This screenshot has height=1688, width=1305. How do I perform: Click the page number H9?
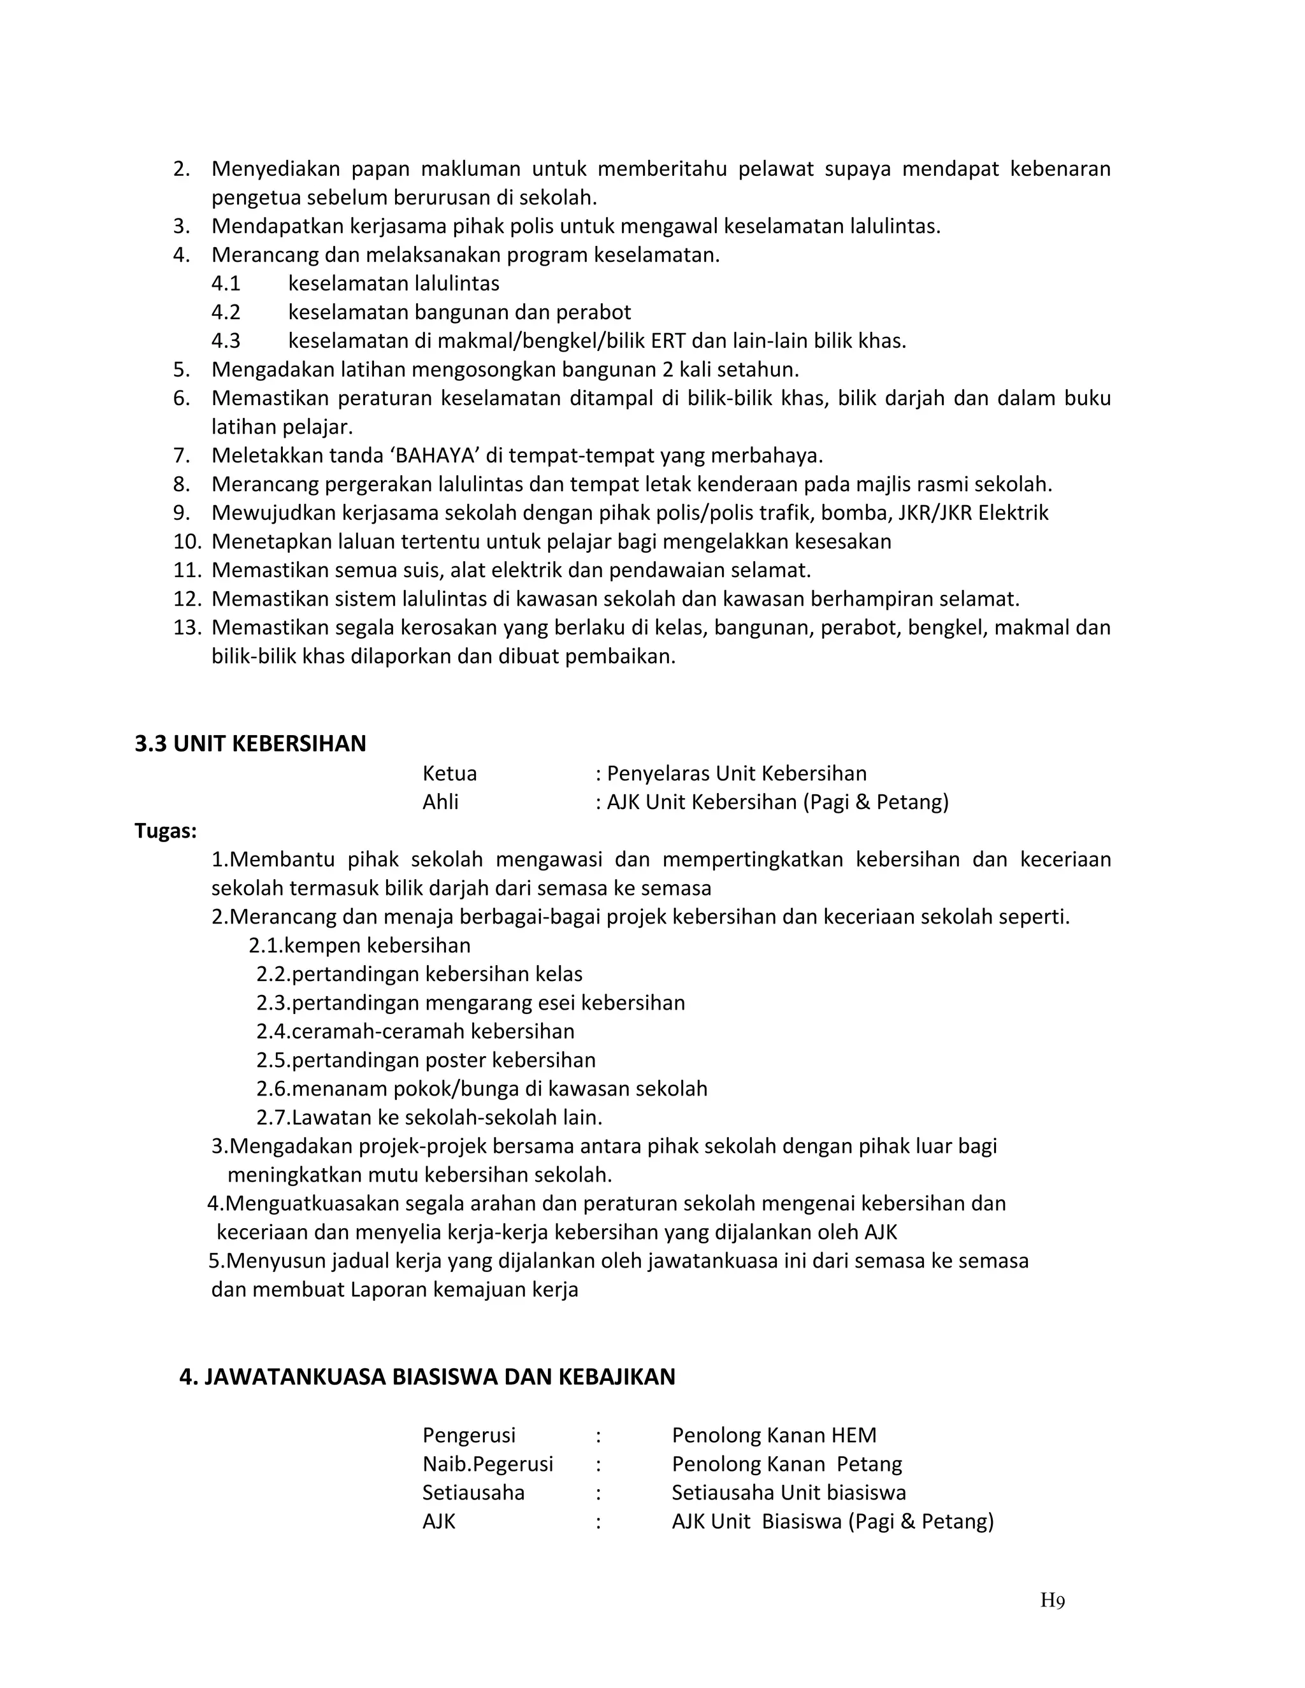(x=1052, y=1600)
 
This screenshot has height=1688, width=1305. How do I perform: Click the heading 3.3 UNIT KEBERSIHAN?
(x=250, y=743)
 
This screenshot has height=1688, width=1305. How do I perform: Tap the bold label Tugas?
(x=166, y=831)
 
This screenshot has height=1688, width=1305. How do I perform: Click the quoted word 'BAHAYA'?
(x=431, y=455)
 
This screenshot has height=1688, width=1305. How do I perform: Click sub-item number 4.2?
(x=226, y=312)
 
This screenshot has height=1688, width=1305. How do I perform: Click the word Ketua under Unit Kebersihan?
(x=449, y=773)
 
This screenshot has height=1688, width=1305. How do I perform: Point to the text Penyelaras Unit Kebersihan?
(x=736, y=773)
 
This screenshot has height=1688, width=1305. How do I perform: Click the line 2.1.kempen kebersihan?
(x=359, y=945)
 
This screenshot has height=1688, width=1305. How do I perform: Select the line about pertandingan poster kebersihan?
(x=426, y=1060)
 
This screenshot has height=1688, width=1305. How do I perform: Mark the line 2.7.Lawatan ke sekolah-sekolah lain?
(x=429, y=1117)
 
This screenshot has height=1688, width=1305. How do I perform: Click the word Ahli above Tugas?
(x=440, y=801)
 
